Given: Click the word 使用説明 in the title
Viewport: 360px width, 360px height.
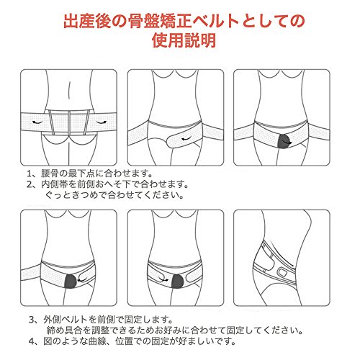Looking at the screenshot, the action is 184,40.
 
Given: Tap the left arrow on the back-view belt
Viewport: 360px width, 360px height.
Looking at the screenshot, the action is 37,122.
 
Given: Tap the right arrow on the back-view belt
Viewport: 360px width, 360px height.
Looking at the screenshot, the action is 101,122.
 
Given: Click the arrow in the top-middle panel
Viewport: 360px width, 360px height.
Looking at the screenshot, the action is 186,139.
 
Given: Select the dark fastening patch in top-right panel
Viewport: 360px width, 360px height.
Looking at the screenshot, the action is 284,141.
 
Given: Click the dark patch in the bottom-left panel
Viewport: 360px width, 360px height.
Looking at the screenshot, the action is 71,281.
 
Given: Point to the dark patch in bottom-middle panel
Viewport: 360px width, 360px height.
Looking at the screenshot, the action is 178,281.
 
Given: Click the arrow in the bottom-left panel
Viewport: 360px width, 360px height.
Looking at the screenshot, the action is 82,279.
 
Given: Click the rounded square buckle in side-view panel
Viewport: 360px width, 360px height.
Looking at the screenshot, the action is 282,272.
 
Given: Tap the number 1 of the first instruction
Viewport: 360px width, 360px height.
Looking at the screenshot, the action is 30,173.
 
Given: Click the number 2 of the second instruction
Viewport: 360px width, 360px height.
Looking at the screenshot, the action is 30,184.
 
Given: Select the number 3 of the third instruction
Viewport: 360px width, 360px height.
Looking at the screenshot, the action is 32,320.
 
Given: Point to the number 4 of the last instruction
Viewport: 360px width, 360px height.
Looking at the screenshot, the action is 32,341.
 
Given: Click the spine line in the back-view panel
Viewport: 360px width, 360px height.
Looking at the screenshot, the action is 69,89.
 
